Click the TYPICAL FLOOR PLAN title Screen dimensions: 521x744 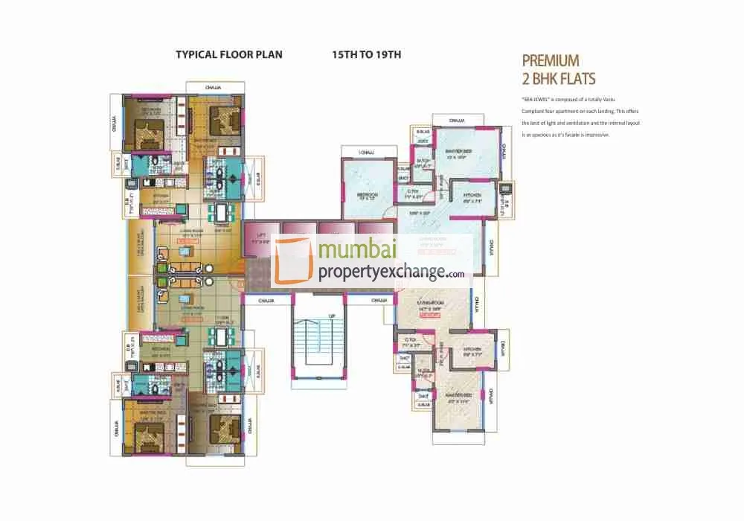[228, 55]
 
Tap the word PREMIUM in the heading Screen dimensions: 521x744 [551, 61]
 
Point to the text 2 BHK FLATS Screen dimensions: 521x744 [559, 78]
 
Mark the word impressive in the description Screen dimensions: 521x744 [595, 135]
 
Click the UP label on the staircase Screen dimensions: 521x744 [333, 316]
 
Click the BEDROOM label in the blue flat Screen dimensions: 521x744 [365, 195]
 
